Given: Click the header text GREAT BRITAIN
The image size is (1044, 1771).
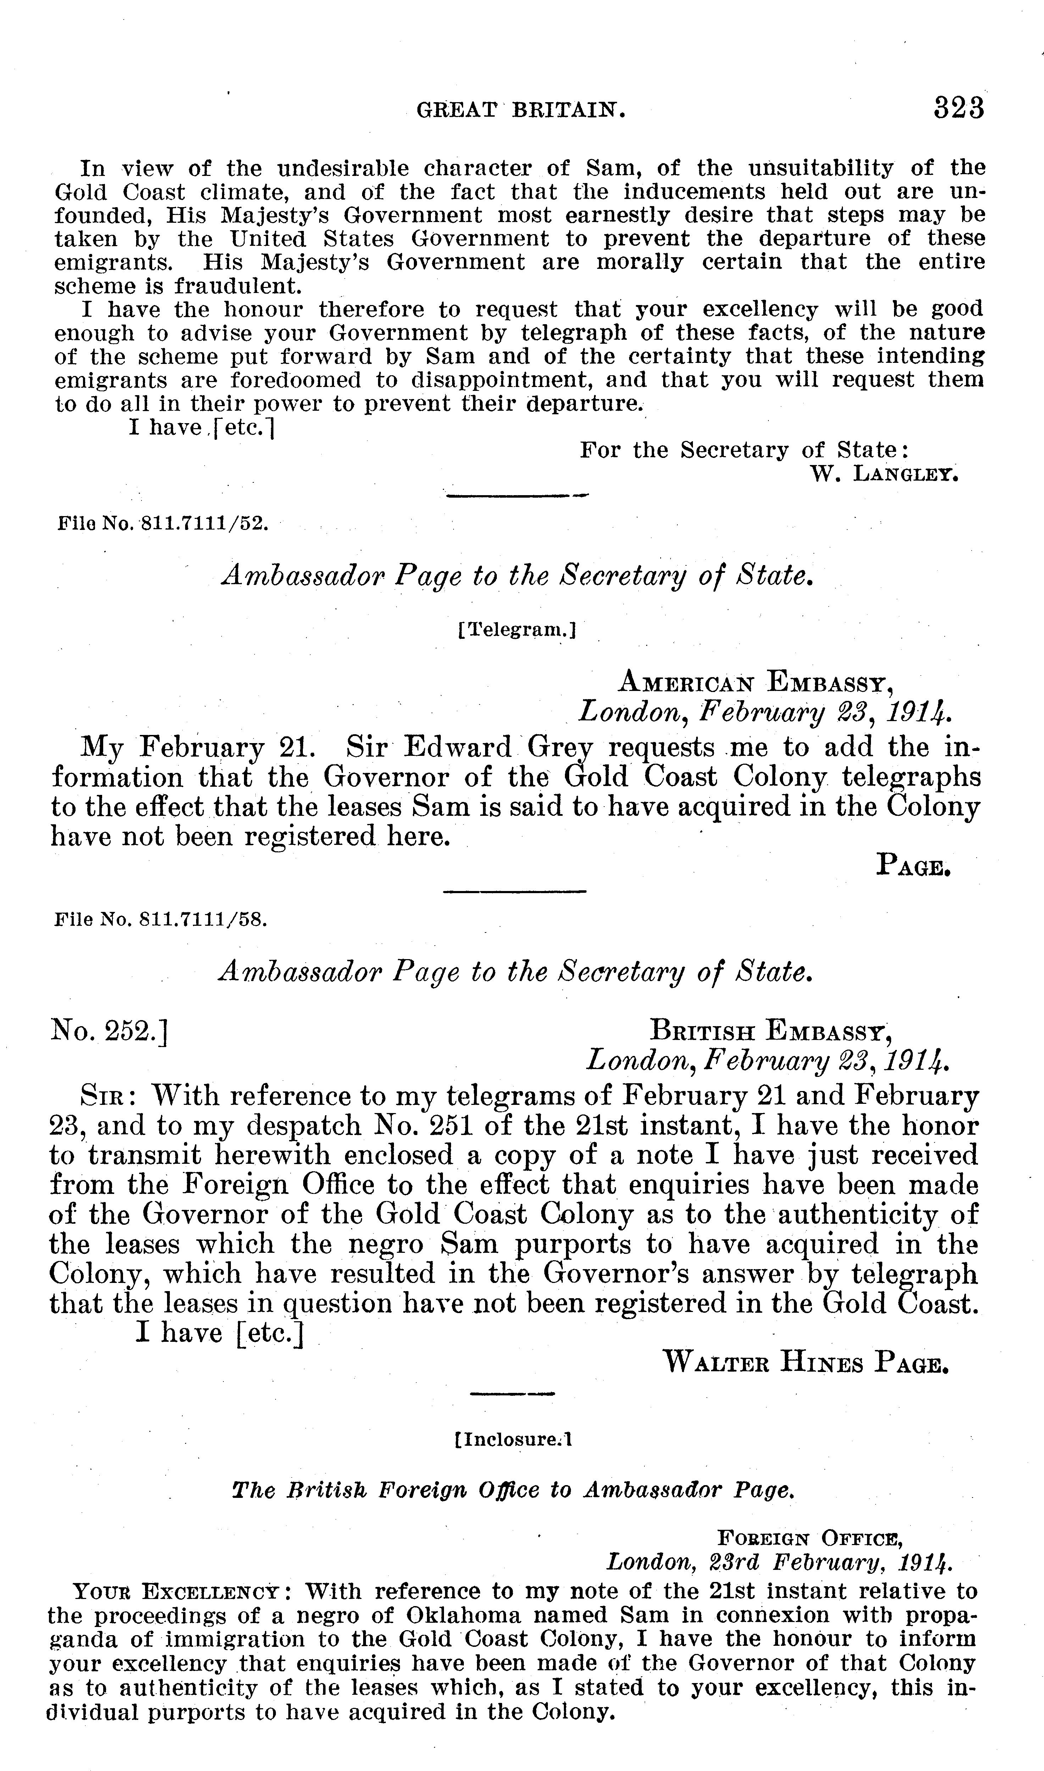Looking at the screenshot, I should (521, 110).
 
